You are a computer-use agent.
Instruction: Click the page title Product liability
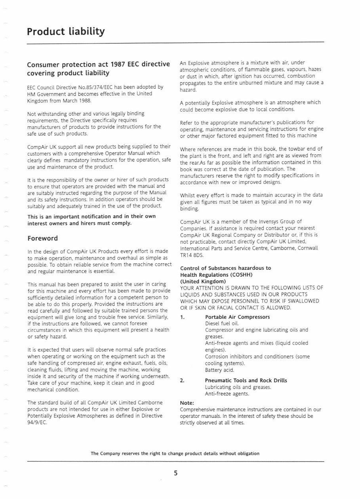coord(66,31)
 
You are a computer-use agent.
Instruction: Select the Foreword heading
coord(42,238)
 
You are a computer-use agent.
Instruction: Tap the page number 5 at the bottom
coord(175,473)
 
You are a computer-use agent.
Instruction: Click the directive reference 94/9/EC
coord(37,422)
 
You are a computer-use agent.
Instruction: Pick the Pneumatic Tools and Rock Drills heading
coord(246,381)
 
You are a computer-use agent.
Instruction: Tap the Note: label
coord(187,403)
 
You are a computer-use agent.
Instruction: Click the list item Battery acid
coord(219,370)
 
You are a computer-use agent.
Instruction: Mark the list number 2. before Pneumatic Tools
coord(182,381)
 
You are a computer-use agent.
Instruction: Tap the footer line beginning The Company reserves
coord(175,453)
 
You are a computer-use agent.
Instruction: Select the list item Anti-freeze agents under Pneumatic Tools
coord(227,394)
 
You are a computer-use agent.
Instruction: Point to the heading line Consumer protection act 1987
coord(98,65)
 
